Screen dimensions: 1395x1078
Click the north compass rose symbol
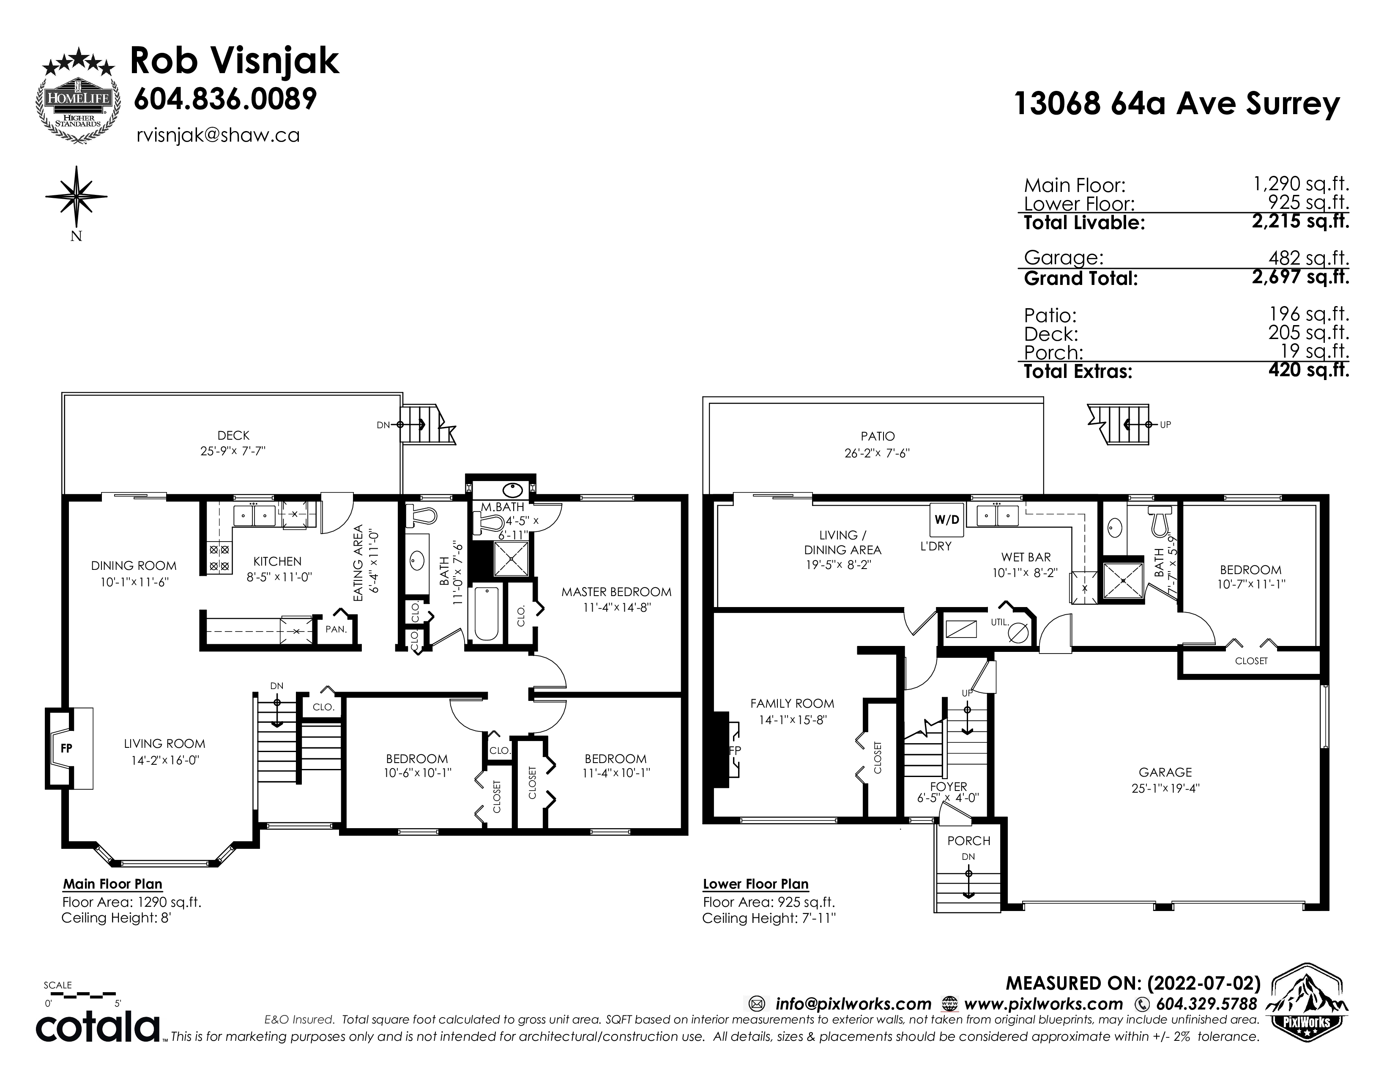(77, 197)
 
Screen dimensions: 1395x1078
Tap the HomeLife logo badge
(77, 98)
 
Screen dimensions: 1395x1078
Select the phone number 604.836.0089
(225, 99)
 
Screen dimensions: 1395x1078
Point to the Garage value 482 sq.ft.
(1309, 258)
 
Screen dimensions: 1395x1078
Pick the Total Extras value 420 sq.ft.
(1309, 370)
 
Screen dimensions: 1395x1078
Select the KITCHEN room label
(277, 561)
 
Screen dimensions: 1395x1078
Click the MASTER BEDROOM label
(616, 592)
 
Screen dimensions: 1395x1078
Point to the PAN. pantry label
(336, 629)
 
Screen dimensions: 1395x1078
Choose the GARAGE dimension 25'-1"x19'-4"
(1166, 788)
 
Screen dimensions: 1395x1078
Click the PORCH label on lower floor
(968, 841)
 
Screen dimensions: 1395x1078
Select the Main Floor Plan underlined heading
(112, 884)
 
